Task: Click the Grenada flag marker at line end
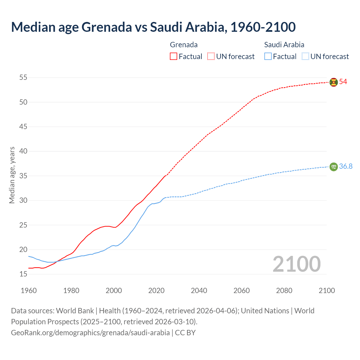[x=334, y=82]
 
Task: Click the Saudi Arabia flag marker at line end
[x=334, y=167]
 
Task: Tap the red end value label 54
[x=343, y=82]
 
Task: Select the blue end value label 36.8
[x=346, y=166]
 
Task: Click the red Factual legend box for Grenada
[x=174, y=57]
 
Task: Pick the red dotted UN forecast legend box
[x=211, y=57]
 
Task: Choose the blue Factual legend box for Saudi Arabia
[x=268, y=57]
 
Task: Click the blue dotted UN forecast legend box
[x=305, y=57]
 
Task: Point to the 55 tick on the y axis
[x=23, y=77]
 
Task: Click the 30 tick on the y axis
[x=23, y=201]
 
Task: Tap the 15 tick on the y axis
[x=23, y=274]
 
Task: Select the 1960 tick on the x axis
[x=29, y=291]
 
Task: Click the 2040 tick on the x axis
[x=199, y=291]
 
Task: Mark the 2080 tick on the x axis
[x=284, y=291]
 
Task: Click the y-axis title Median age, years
[x=12, y=175]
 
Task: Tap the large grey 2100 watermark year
[x=296, y=264]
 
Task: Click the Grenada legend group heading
[x=184, y=45]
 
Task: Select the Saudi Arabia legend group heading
[x=284, y=45]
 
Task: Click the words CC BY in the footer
[x=185, y=333]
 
